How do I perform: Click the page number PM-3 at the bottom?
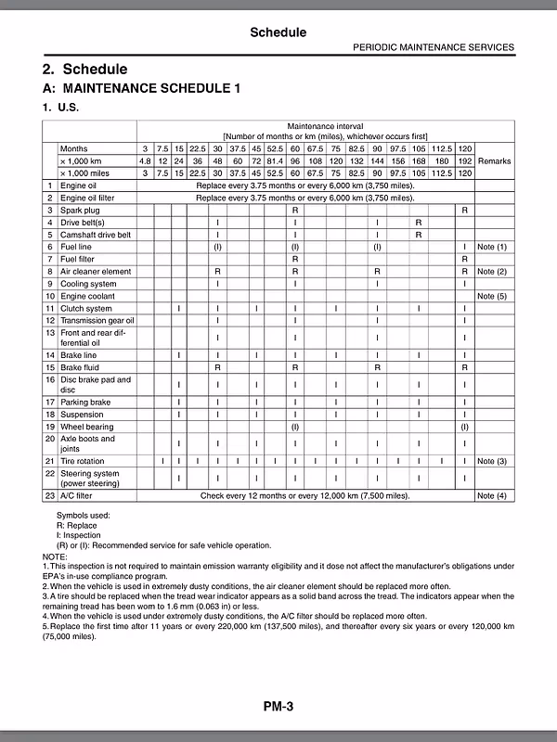click(x=278, y=707)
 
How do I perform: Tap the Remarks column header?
click(x=492, y=160)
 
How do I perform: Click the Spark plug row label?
click(x=82, y=211)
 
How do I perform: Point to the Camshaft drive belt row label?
click(x=96, y=235)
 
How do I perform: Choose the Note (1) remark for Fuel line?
click(x=492, y=247)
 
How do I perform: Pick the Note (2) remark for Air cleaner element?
click(x=492, y=272)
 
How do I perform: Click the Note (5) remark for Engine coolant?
click(x=492, y=296)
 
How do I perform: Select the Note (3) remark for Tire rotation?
click(x=492, y=461)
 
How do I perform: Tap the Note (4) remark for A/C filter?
click(x=492, y=496)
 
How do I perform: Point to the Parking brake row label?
click(x=85, y=402)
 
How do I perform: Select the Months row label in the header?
click(x=74, y=148)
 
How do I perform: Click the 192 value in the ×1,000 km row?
click(x=465, y=160)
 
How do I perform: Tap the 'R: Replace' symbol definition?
click(x=76, y=525)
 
